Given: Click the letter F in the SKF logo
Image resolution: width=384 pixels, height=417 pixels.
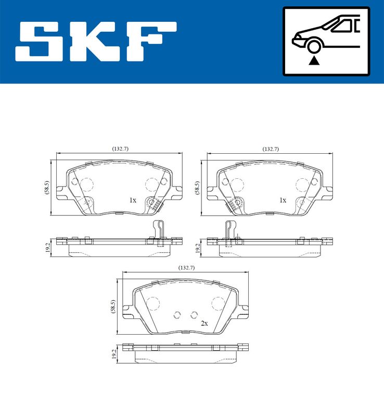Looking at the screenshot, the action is [151, 42].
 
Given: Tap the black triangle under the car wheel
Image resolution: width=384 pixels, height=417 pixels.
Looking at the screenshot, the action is [314, 61].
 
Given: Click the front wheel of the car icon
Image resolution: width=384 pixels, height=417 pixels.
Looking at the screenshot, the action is [314, 46].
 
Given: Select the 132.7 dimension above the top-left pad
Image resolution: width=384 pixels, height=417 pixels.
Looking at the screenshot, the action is [120, 149].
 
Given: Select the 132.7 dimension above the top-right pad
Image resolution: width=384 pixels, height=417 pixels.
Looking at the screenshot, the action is [271, 149].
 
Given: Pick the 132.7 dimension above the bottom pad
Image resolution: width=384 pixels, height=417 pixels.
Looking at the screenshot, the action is [186, 268].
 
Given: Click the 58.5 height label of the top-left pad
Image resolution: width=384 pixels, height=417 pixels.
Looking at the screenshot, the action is [47, 188].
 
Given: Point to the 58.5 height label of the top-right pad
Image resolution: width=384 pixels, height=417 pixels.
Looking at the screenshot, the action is [197, 188].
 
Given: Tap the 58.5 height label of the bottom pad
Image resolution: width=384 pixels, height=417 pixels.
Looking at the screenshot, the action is [113, 306].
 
